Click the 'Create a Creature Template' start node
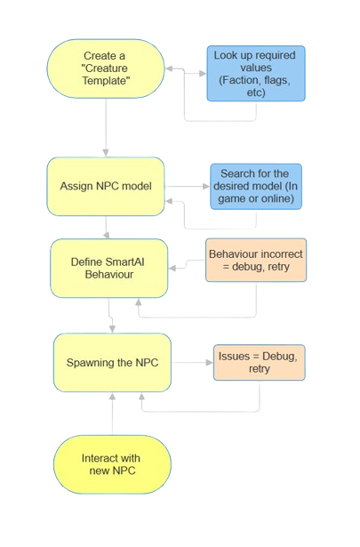(x=106, y=69)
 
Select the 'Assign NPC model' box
(x=106, y=187)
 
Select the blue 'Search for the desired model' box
(x=256, y=186)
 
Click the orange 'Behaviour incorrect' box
(x=255, y=260)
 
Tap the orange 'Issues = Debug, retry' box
(x=258, y=362)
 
